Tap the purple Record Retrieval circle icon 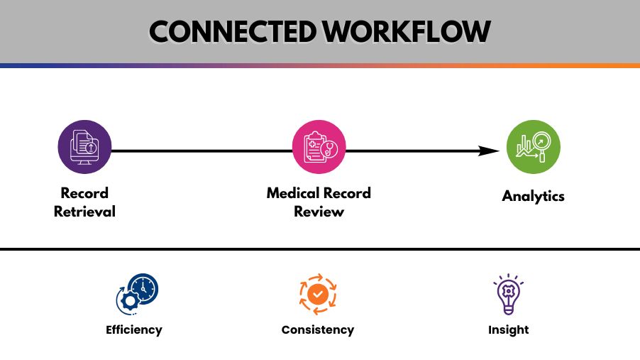pyautogui.click(x=84, y=147)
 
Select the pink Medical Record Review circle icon pyautogui.click(x=319, y=147)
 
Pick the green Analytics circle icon pyautogui.click(x=533, y=147)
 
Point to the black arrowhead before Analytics pyautogui.click(x=490, y=151)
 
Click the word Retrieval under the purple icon pyautogui.click(x=84, y=211)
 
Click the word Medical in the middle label pyautogui.click(x=292, y=193)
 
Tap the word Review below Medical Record pyautogui.click(x=319, y=211)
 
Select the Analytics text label pyautogui.click(x=533, y=196)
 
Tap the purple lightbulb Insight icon pyautogui.click(x=508, y=294)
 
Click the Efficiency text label pyautogui.click(x=134, y=329)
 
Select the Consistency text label pyautogui.click(x=318, y=329)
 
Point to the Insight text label pyautogui.click(x=508, y=329)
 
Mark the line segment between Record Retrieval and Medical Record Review pyautogui.click(x=202, y=151)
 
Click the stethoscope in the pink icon pyautogui.click(x=329, y=150)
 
